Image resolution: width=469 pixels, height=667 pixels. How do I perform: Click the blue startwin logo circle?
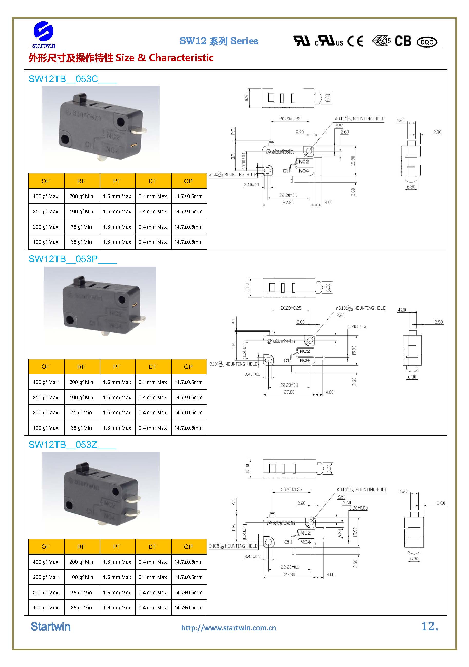tap(44, 31)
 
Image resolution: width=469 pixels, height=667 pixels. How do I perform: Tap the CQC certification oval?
tap(427, 42)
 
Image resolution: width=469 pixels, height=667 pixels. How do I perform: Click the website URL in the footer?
tap(228, 628)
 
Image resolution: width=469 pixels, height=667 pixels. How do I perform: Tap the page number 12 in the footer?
tap(429, 626)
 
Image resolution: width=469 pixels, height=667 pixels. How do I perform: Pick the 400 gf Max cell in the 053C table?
tap(46, 196)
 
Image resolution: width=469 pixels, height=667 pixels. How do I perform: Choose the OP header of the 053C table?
tap(188, 181)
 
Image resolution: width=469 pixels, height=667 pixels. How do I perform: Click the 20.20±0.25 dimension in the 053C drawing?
tap(290, 119)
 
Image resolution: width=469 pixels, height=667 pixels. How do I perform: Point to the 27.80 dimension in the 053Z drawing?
tap(290, 574)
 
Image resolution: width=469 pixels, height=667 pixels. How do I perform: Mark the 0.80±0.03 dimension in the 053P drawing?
tap(357, 327)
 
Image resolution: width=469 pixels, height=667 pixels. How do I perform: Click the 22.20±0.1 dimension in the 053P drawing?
tap(289, 385)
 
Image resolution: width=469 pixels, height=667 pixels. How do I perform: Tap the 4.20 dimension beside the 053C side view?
tap(400, 120)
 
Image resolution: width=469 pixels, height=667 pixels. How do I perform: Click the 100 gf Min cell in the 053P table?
tap(81, 397)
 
